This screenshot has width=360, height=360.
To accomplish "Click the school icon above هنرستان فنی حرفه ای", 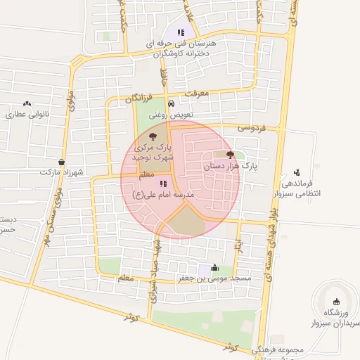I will pyautogui.click(x=181, y=32).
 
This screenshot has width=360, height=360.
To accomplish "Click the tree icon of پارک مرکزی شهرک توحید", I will pyautogui.click(x=154, y=136).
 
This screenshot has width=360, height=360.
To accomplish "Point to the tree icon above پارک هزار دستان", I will pyautogui.click(x=230, y=155).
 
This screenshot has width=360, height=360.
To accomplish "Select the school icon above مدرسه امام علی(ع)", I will pyautogui.click(x=163, y=184).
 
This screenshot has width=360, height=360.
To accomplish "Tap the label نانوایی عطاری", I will pyautogui.click(x=26, y=114).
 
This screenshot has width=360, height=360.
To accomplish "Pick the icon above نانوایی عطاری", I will pyautogui.click(x=27, y=103).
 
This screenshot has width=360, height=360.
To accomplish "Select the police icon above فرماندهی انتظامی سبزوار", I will pyautogui.click(x=297, y=172).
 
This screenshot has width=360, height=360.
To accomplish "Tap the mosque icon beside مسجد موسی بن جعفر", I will pyautogui.click(x=214, y=268).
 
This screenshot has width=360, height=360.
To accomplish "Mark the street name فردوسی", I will pyautogui.click(x=251, y=129).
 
